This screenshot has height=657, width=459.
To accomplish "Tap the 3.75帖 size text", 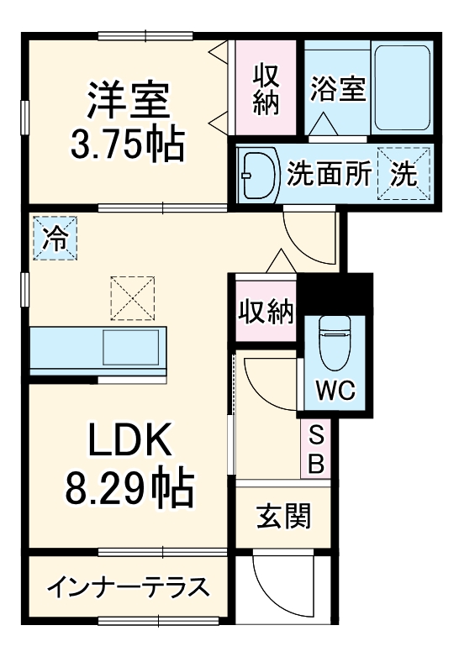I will [129, 145].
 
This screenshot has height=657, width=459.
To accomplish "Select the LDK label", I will [130, 438].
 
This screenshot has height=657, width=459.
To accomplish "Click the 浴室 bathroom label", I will [337, 90].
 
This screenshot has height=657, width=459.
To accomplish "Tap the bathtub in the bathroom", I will [402, 87].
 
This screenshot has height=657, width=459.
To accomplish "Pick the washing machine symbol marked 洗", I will [404, 174].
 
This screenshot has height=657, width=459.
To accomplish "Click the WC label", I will [335, 390].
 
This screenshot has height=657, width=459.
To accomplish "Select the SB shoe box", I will [316, 448].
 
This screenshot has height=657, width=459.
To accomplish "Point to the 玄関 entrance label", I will [284, 515].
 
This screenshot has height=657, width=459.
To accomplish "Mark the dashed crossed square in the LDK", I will [132, 297].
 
